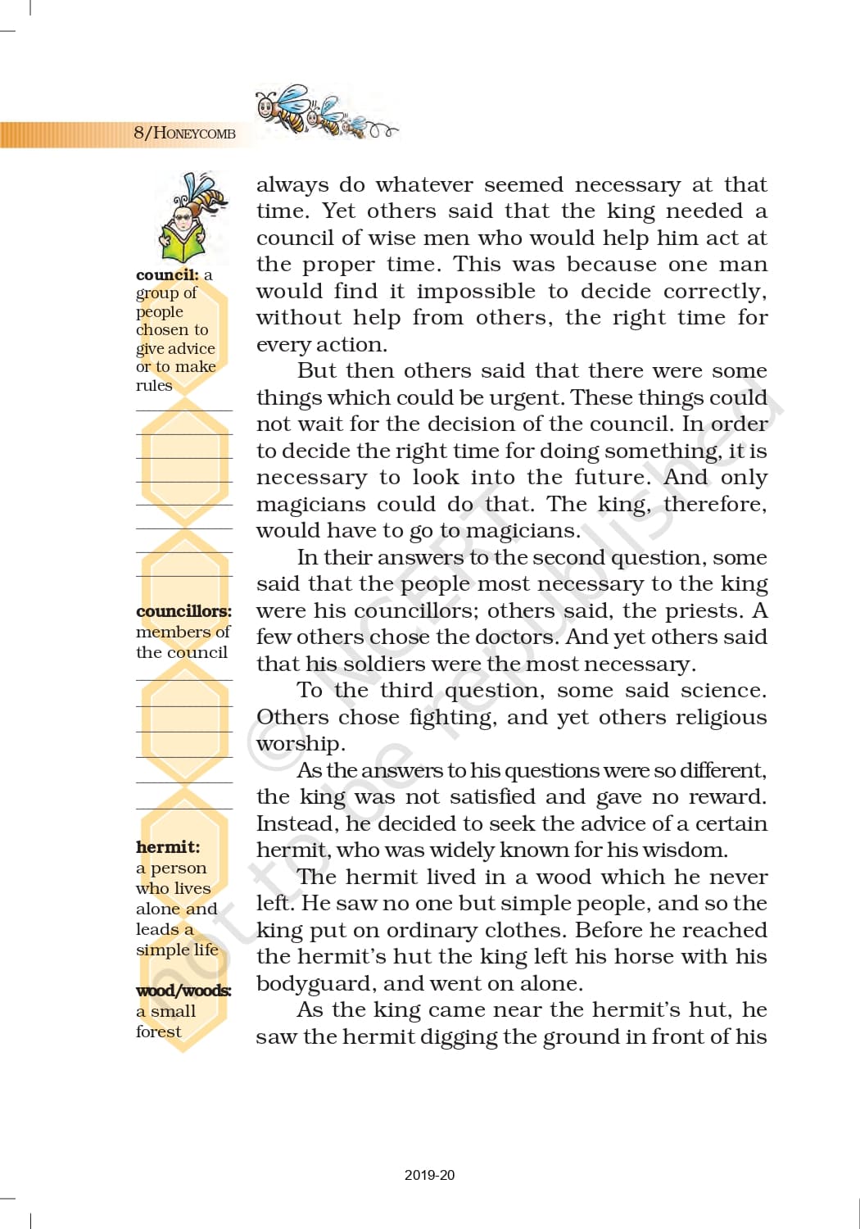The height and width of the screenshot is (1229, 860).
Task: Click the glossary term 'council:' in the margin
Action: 167,275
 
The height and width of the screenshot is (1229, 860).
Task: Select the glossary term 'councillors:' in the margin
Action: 183,611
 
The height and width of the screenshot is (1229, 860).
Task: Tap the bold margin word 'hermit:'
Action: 168,847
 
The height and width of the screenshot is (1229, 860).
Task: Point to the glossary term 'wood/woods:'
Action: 183,991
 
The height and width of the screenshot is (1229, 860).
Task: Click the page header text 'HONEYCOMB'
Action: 194,134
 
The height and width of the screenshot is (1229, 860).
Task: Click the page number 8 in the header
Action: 138,133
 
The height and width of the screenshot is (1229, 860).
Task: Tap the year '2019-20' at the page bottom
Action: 429,1175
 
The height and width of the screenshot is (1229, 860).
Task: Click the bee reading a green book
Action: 193,217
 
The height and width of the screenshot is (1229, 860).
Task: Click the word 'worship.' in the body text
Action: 301,744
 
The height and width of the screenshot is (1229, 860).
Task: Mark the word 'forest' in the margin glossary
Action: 159,1032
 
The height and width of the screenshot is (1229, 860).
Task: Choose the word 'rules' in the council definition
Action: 154,385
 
